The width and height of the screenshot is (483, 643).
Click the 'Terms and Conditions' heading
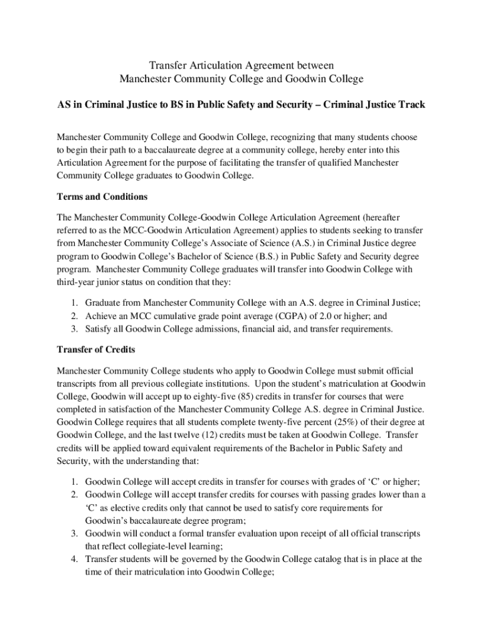tap(102, 197)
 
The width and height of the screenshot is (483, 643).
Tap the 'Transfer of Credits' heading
tap(95, 349)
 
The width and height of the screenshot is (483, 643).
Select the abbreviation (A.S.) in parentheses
tap(309, 242)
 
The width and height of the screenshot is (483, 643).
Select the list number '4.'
tap(74, 558)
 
